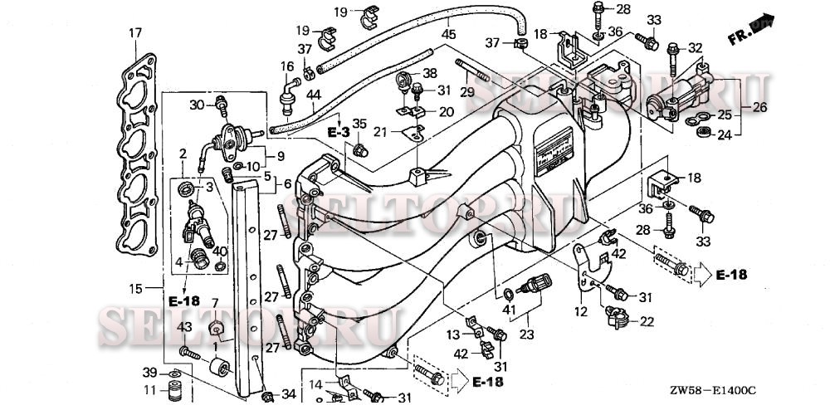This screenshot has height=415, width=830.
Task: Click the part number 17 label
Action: click(x=134, y=33)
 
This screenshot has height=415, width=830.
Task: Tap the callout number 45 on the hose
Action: click(x=448, y=35)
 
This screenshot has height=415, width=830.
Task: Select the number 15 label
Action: click(x=134, y=289)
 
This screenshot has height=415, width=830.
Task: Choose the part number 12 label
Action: click(x=580, y=312)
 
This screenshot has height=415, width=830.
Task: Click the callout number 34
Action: click(x=288, y=393)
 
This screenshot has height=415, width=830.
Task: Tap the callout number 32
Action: click(x=695, y=47)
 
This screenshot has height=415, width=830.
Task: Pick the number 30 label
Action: click(x=197, y=105)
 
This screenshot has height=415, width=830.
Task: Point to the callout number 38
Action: click(x=430, y=73)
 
